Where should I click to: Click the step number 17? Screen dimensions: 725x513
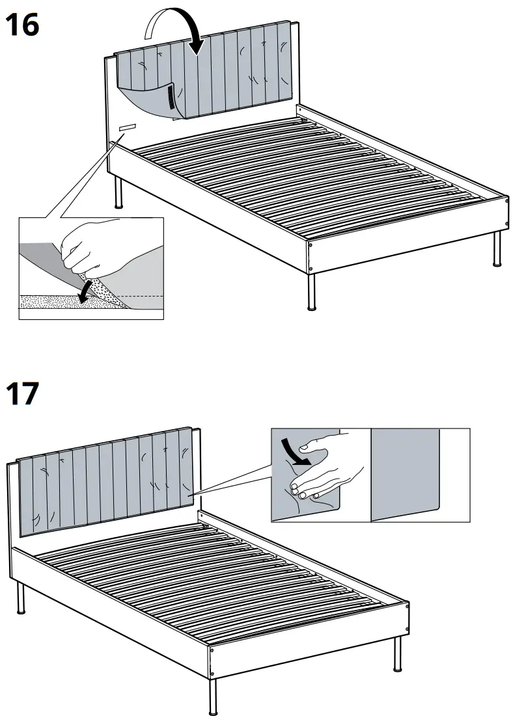click(x=23, y=394)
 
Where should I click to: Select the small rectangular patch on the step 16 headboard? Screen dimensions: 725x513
click(x=127, y=127)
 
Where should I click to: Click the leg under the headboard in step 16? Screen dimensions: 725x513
click(x=118, y=192)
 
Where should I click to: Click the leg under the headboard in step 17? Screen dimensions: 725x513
click(x=20, y=598)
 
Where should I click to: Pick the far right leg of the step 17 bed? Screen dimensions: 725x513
click(x=397, y=654)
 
